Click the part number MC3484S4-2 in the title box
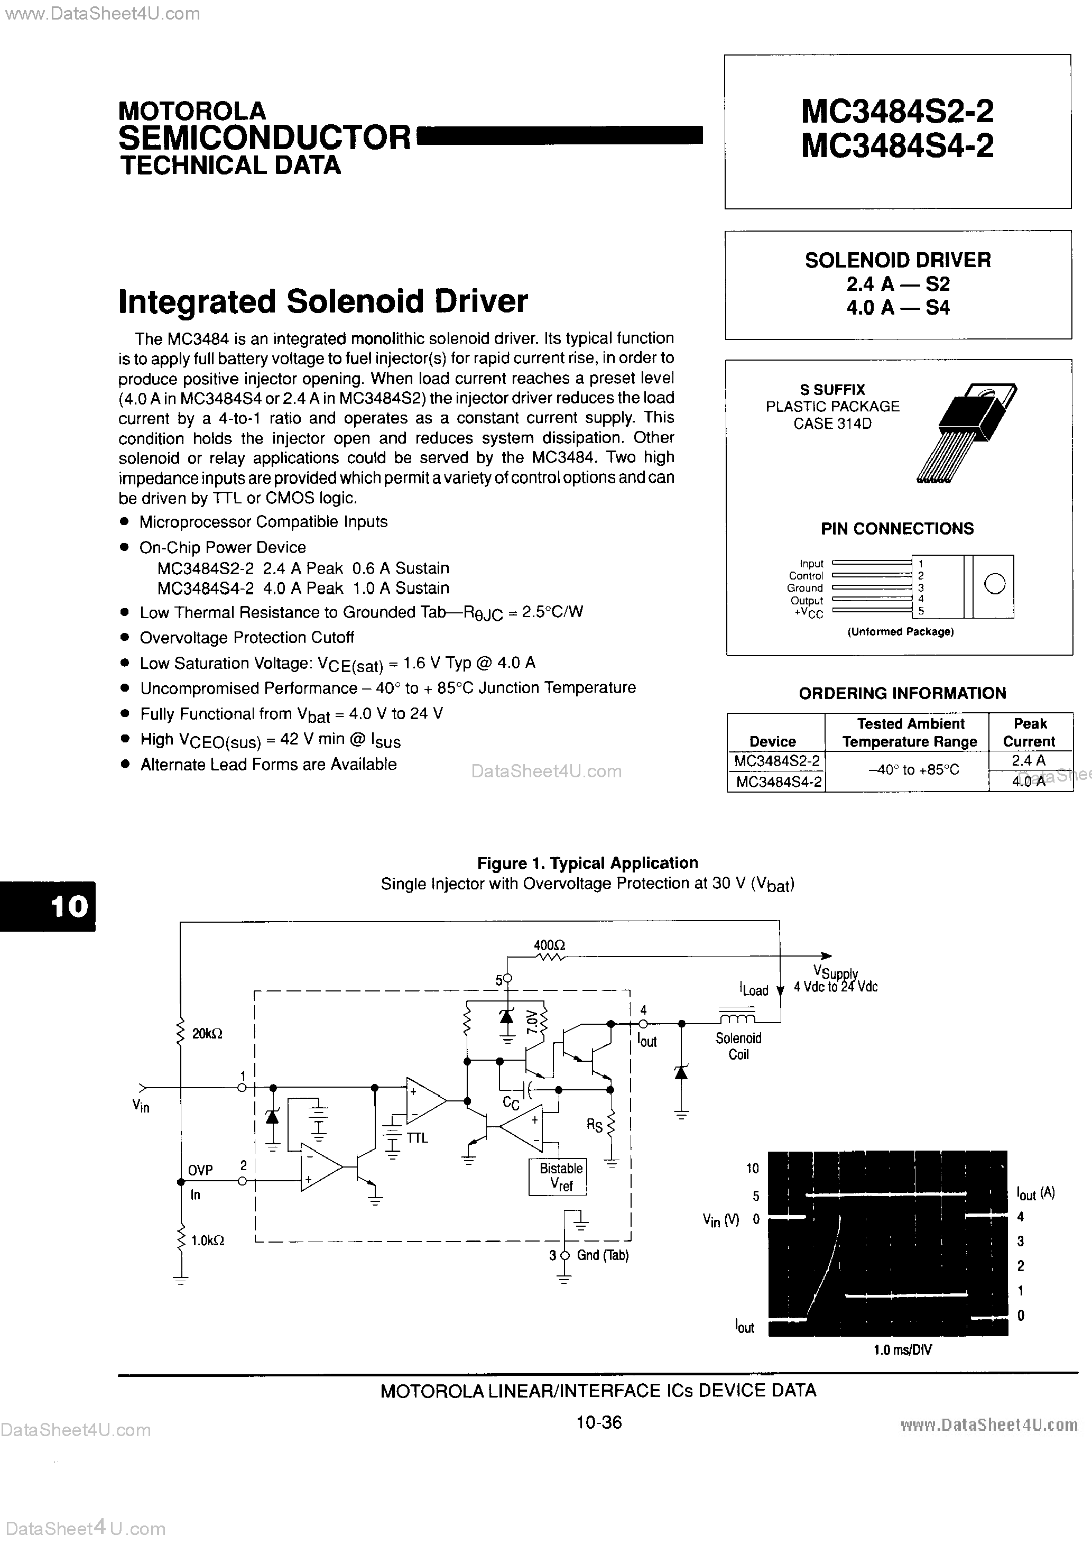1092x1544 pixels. (897, 146)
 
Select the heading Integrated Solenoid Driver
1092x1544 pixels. (323, 301)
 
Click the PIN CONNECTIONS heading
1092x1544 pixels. (897, 529)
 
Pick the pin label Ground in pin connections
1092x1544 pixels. (805, 588)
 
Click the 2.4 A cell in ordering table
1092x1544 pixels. (1028, 760)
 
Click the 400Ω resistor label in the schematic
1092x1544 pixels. (549, 945)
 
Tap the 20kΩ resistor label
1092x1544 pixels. (207, 1034)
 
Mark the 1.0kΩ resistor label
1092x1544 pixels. (208, 1240)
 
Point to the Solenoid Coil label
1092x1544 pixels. (738, 1046)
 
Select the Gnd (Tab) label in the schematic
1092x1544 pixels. (603, 1255)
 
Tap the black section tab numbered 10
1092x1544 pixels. (48, 906)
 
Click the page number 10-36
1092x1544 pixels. (598, 1422)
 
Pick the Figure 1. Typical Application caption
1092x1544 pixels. (587, 863)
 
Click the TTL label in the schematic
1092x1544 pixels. (417, 1137)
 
